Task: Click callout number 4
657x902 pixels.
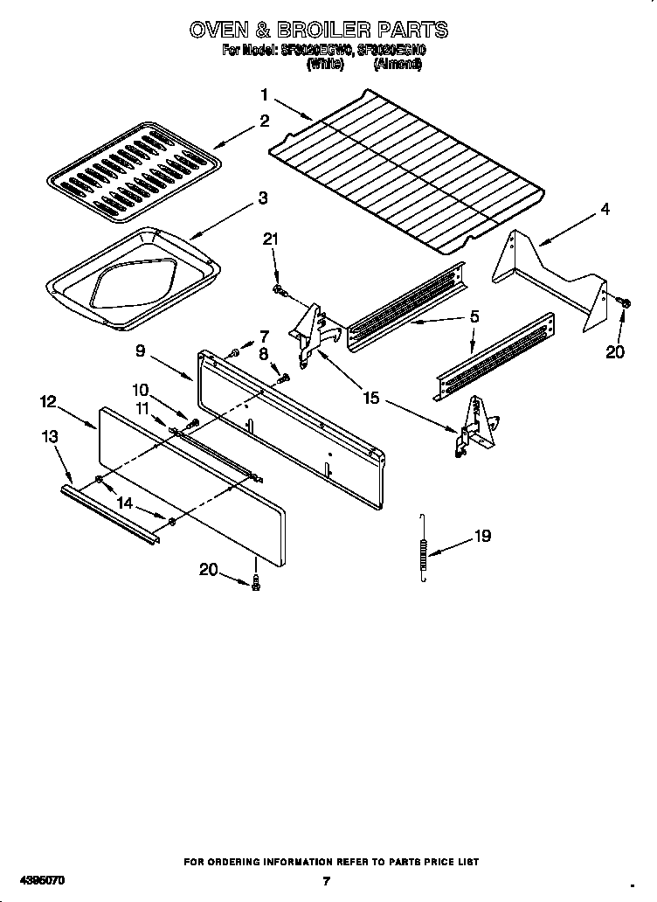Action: pyautogui.click(x=605, y=210)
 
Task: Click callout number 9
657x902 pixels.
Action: pyautogui.click(x=141, y=352)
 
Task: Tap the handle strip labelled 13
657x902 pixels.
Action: pyautogui.click(x=110, y=515)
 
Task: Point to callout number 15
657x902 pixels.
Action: pyautogui.click(x=371, y=398)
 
